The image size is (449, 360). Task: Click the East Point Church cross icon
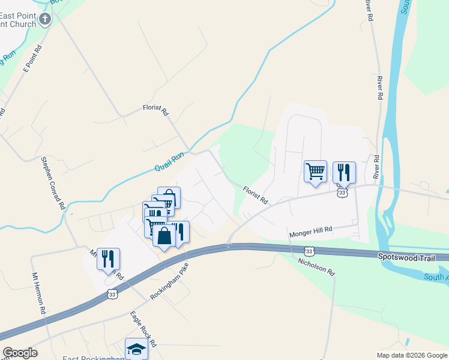point(45,20)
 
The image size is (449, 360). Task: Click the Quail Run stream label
point(169,161)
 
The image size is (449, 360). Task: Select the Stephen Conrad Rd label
point(53,182)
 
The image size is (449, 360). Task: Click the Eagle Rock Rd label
point(143,329)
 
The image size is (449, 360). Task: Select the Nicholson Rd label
point(316,266)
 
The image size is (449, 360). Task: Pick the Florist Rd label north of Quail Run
point(155,111)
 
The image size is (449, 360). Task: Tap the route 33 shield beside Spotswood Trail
point(309,251)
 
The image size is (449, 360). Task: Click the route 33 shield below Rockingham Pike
point(112,294)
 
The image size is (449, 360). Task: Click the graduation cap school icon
point(136,349)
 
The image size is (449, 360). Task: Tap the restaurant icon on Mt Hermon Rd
point(108,259)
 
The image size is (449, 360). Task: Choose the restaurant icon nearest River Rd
point(344,172)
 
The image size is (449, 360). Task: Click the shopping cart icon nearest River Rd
point(315,172)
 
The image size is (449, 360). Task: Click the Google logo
point(20,353)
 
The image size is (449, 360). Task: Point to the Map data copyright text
point(411,355)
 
